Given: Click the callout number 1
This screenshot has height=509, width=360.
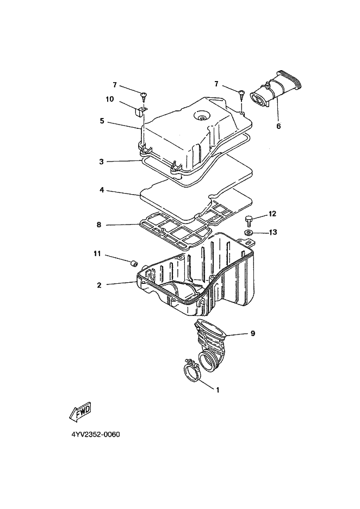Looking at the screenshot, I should pos(218,390).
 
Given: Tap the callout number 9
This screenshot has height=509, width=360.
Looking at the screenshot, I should pos(252,334).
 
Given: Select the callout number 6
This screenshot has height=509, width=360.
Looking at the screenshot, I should pos(278,126).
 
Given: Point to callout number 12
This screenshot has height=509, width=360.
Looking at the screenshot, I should pos(272,214).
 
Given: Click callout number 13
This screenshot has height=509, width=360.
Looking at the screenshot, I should pos(272,232).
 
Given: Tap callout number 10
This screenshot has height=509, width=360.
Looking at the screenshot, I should pos(109,100).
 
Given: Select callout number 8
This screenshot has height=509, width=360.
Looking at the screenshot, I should pos(99,225).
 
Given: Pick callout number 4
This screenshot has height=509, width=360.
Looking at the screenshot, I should pos(102,191).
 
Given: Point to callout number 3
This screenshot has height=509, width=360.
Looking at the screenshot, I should pos(102,162).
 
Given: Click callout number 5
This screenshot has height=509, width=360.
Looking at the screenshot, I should pos(102,121).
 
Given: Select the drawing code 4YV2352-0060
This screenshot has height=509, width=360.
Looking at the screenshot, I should pos(95,435).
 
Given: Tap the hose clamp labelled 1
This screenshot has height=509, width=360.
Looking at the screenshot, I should pos(190,373).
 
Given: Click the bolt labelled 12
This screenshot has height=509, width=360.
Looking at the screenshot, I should pos(249,220).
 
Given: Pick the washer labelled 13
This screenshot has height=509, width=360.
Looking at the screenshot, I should pos(249,233).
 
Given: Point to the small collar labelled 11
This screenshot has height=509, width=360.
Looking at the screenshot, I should pos(132,264).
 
